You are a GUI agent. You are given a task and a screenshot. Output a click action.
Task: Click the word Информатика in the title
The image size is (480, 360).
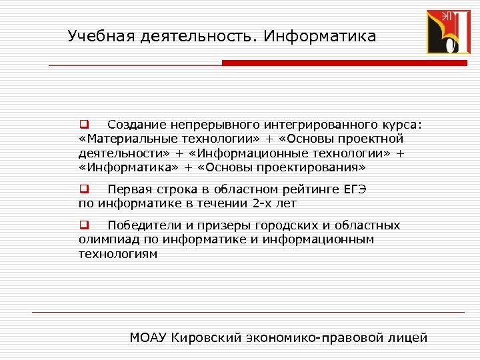click(319, 36)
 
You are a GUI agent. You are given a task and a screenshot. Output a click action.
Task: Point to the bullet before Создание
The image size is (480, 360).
click(84, 124)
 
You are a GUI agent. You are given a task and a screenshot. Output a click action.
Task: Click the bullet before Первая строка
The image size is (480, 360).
click(84, 189)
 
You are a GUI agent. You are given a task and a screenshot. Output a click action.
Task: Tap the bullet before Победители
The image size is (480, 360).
click(84, 225)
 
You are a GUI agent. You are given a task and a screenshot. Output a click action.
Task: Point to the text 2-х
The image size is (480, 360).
click(265, 203)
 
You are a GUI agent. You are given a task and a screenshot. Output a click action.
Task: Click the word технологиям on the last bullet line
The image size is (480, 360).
click(118, 253)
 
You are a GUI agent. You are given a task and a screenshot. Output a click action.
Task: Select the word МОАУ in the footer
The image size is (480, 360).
click(148, 337)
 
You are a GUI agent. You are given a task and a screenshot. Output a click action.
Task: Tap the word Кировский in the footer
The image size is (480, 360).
click(203, 337)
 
